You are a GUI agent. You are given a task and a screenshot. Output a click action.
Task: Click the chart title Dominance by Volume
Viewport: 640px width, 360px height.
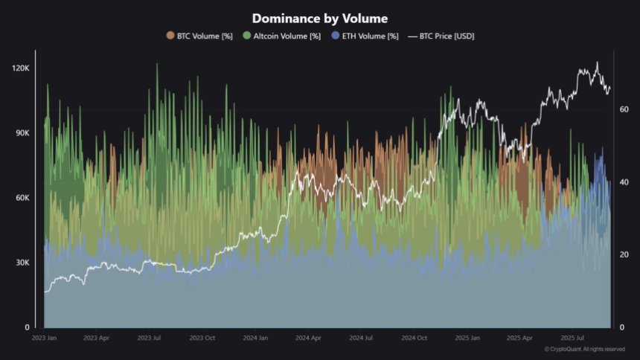pos(319,18)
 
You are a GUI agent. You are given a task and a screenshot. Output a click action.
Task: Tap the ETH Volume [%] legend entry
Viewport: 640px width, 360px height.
pos(370,36)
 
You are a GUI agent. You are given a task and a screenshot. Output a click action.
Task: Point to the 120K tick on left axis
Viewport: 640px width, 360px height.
pos(19,68)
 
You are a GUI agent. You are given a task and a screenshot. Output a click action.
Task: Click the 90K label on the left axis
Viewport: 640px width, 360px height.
pos(21,133)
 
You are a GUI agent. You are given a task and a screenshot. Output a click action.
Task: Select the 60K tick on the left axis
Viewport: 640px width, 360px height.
pos(21,198)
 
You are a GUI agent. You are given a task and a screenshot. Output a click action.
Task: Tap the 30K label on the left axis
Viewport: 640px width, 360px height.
pos(21,263)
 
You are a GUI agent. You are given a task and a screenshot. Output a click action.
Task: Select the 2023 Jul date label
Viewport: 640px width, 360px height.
pos(150,338)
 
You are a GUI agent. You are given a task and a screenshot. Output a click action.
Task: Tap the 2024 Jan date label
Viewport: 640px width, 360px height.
pos(255,338)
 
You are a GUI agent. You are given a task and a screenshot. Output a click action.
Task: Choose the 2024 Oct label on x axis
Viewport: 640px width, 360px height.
pos(413,338)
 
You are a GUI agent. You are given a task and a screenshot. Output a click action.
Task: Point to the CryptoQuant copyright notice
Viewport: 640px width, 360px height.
pos(585,349)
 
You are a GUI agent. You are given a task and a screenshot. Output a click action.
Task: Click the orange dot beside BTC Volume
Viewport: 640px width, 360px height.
pos(170,36)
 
